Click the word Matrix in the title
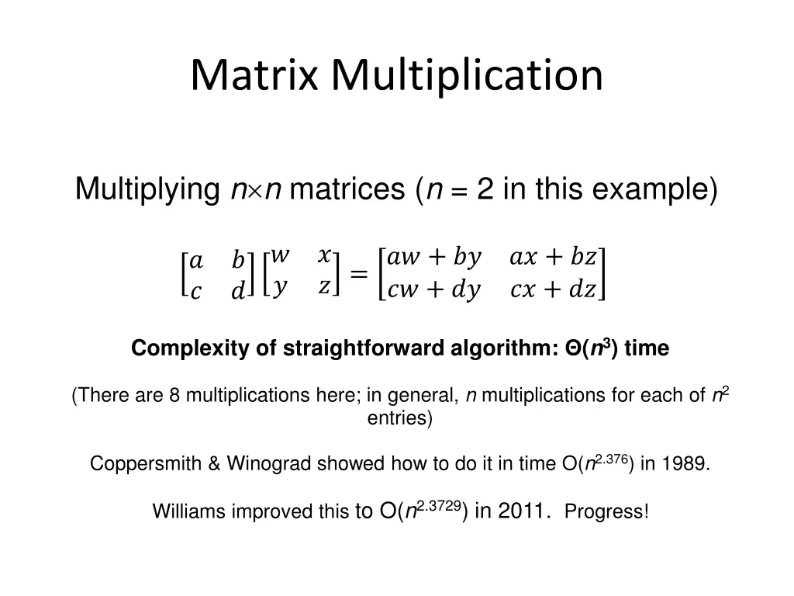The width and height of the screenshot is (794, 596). [x=257, y=75]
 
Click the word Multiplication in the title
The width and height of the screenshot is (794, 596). [x=468, y=75]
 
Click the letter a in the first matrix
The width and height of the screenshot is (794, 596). [x=196, y=259]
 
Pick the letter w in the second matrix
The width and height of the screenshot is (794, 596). [x=281, y=255]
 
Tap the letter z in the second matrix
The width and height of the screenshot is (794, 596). [x=324, y=286]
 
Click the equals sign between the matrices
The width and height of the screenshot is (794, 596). [x=359, y=273]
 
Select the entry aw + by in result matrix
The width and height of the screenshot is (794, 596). [x=434, y=257]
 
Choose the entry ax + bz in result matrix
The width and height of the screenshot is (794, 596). [x=553, y=257]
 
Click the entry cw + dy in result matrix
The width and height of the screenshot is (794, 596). [x=434, y=289]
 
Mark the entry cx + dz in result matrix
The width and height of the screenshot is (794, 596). [x=553, y=289]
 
